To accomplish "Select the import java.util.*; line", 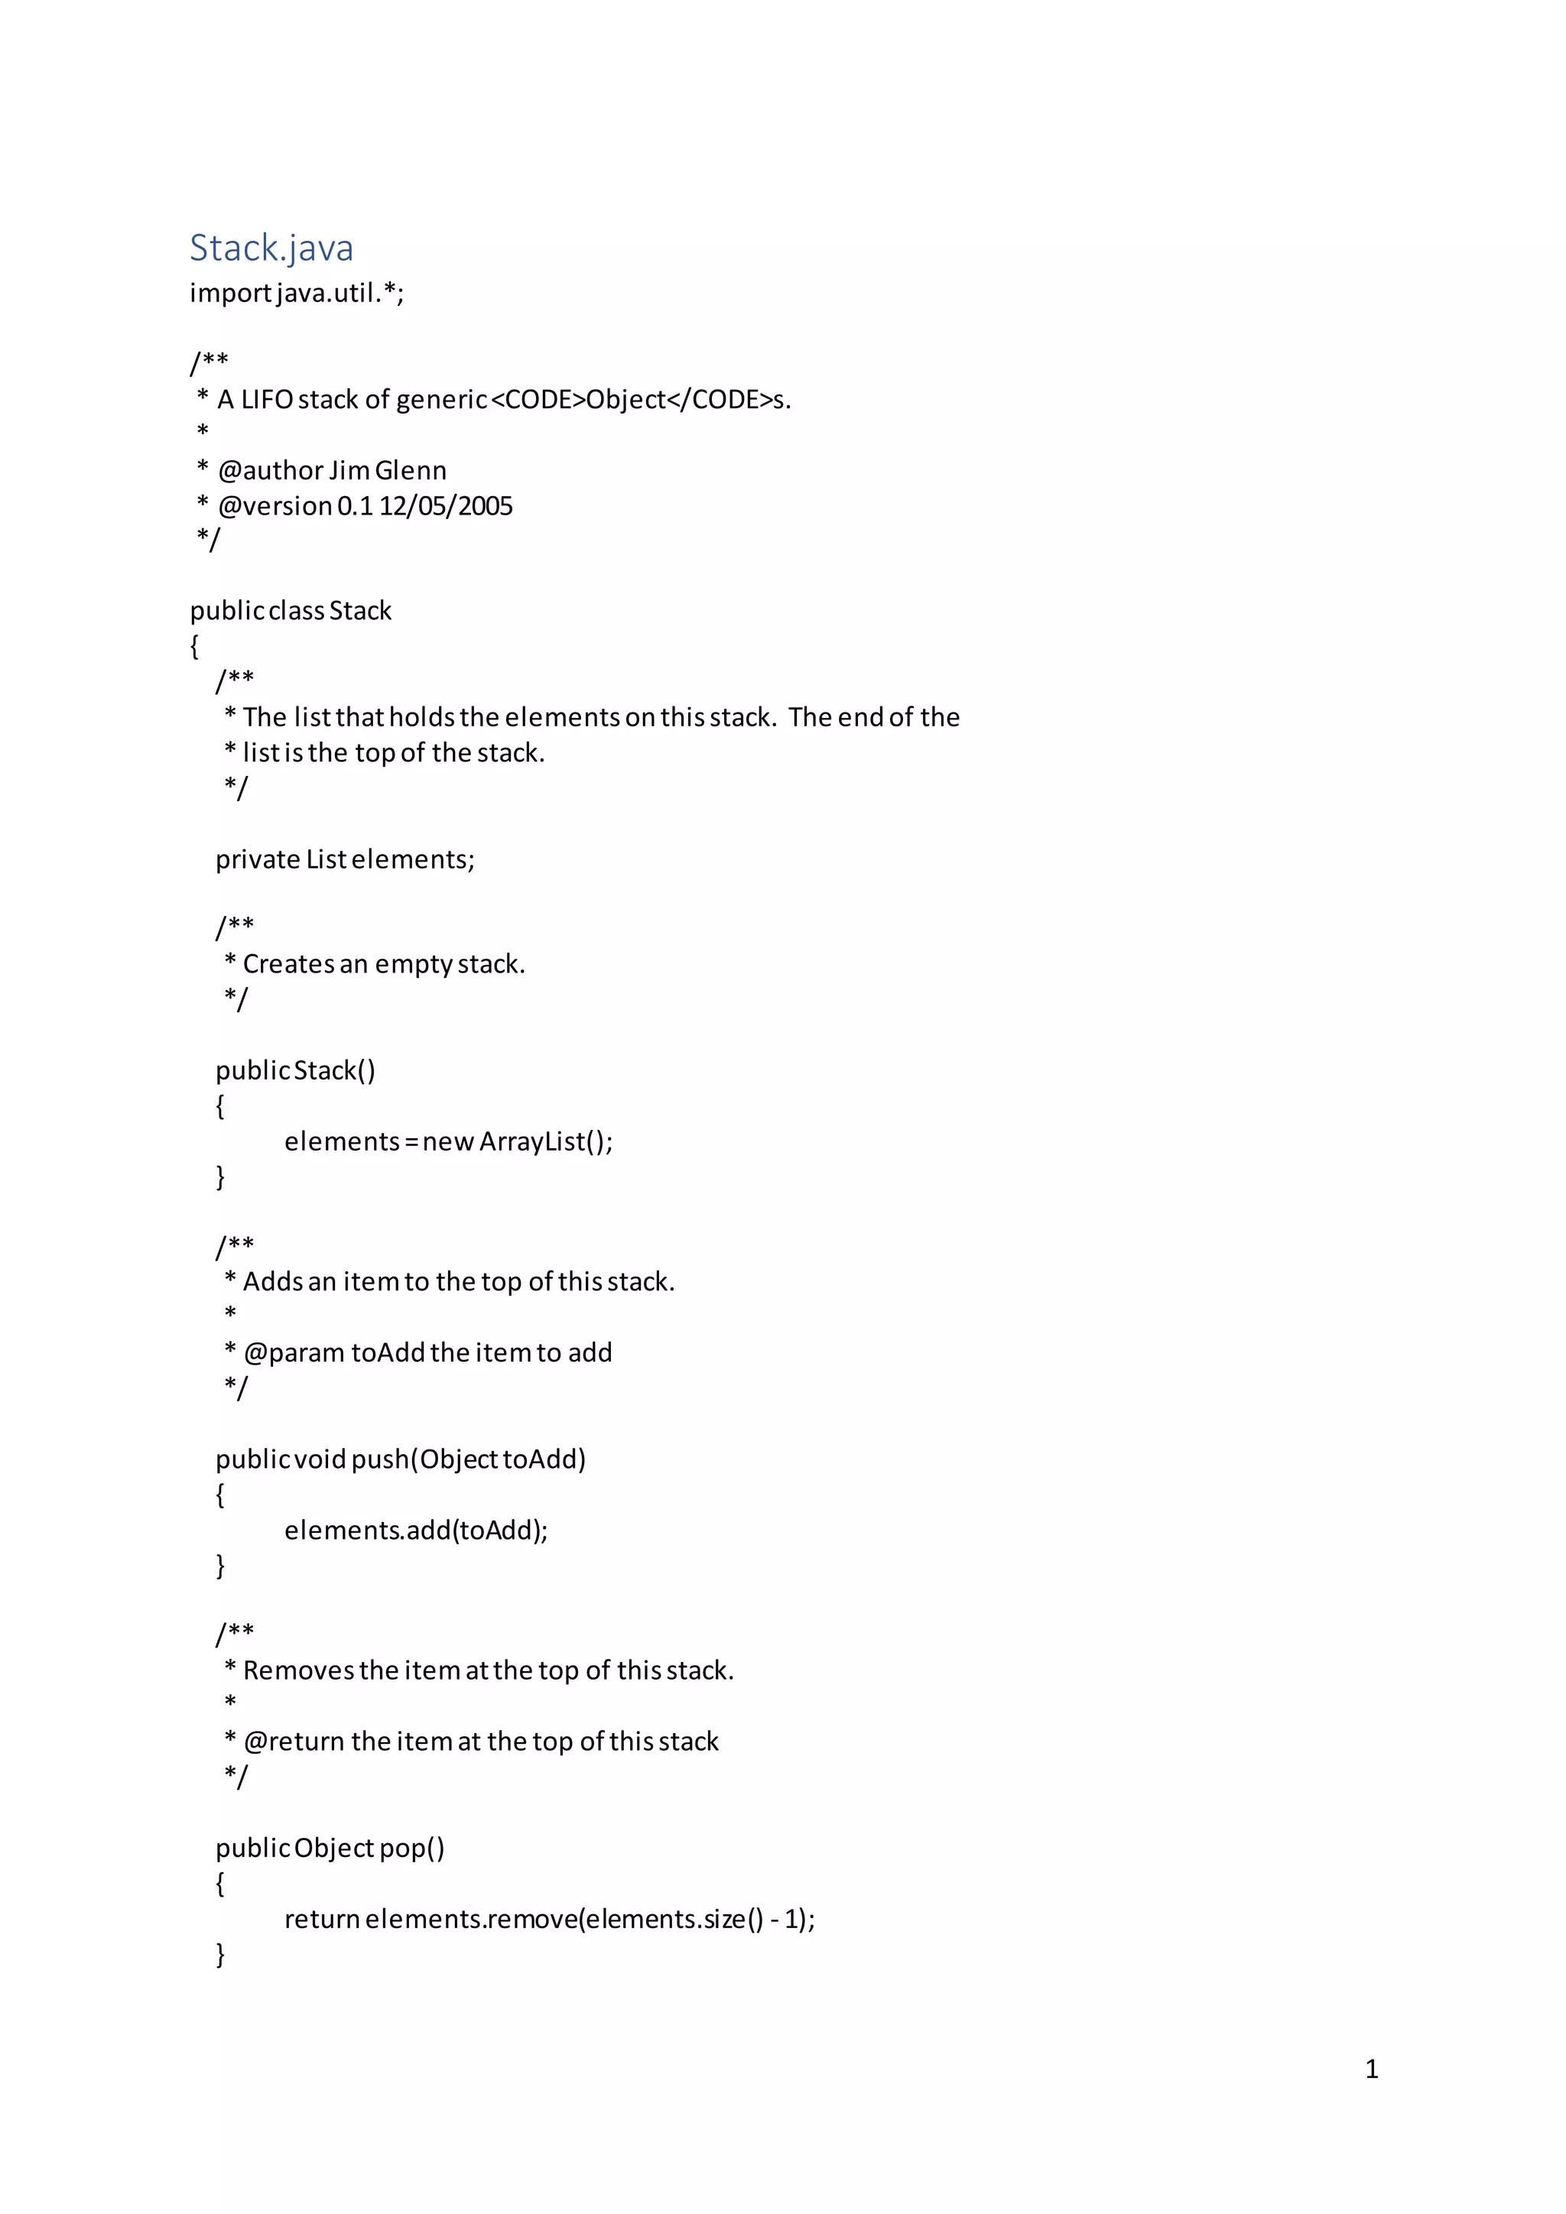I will (x=297, y=292).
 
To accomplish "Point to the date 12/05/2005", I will (x=446, y=506).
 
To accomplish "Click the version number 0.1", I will (x=355, y=506).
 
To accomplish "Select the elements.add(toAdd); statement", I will (x=416, y=1531).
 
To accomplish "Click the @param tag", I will (x=295, y=1353).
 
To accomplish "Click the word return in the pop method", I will (x=322, y=1919).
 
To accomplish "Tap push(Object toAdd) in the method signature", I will (x=469, y=1459).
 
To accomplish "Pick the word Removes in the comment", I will (x=298, y=1670).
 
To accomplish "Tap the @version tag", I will (x=275, y=506).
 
